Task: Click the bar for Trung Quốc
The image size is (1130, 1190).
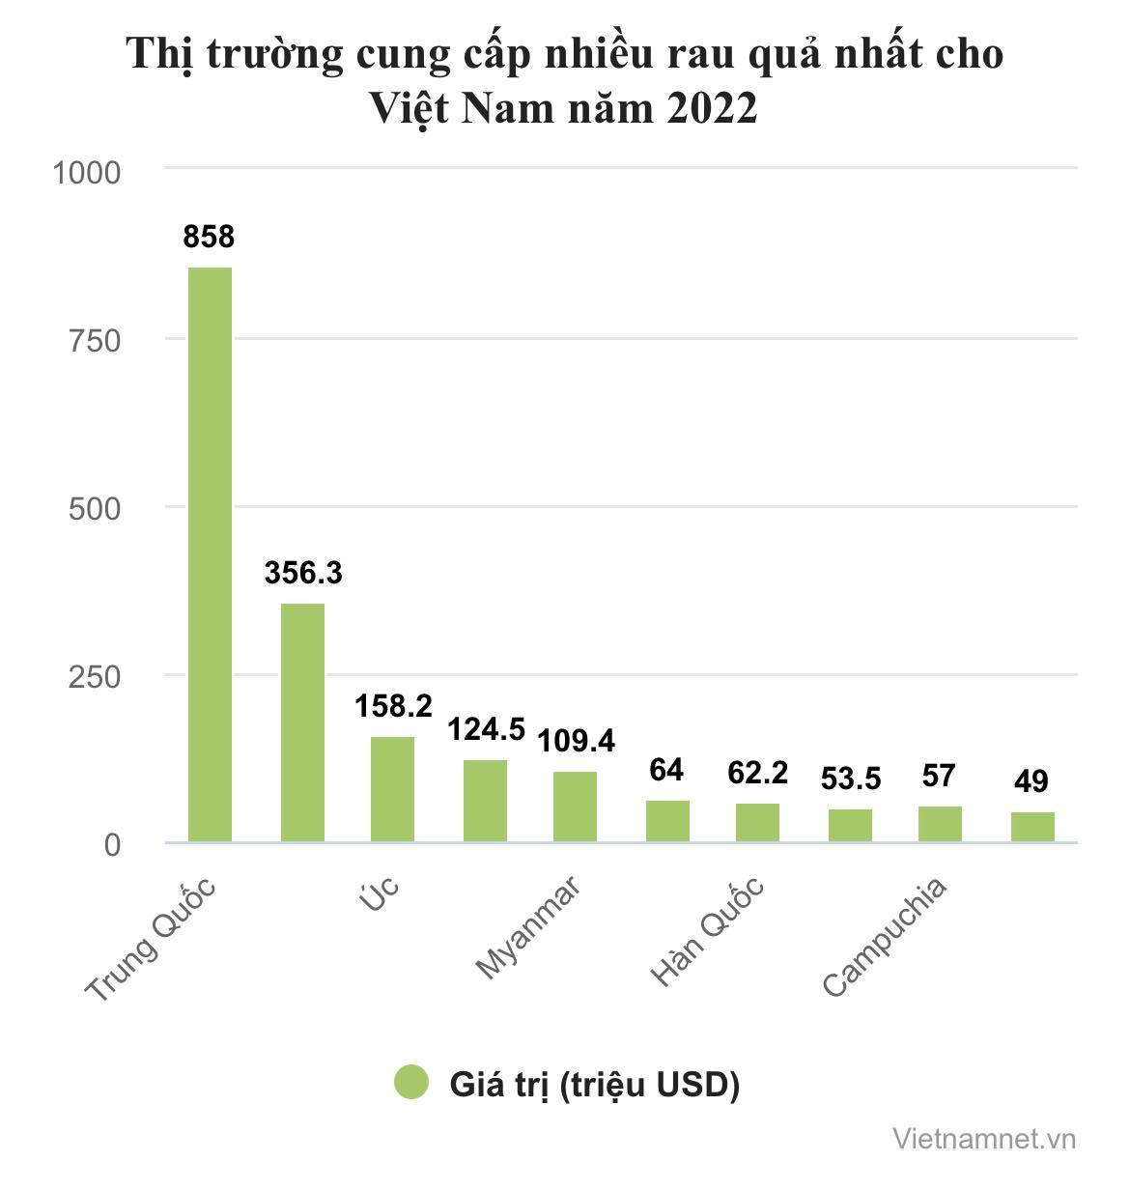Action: (210, 554)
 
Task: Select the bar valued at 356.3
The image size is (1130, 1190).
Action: (302, 722)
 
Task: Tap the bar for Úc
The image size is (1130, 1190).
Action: (393, 789)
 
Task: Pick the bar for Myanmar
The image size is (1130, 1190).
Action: (576, 807)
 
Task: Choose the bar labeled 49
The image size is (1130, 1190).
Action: (1032, 827)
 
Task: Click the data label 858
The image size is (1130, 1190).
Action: (210, 236)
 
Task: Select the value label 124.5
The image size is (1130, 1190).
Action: (485, 729)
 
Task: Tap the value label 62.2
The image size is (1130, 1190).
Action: (757, 772)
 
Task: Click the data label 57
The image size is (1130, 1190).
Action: (939, 775)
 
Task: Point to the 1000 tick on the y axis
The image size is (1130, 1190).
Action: (87, 173)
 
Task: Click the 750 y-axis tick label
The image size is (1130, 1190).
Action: (95, 340)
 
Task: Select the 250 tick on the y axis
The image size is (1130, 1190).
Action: (95, 676)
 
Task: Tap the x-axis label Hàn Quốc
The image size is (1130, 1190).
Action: (708, 932)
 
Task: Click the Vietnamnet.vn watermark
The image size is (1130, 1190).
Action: (984, 1138)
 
